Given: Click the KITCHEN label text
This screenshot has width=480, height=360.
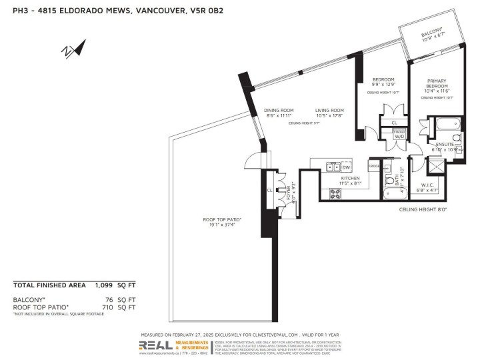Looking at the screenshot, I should pyautogui.click(x=351, y=178).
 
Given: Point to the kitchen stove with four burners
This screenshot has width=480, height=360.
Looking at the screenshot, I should pyautogui.click(x=336, y=193).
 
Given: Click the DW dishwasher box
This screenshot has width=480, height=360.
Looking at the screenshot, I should pyautogui.click(x=346, y=167).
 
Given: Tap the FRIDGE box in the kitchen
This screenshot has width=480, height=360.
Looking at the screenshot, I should pyautogui.click(x=374, y=166).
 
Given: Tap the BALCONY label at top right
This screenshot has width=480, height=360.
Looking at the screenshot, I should pyautogui.click(x=432, y=33).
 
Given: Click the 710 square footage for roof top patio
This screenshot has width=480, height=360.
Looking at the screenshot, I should pyautogui.click(x=108, y=307).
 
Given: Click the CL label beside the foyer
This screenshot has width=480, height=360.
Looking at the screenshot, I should pyautogui.click(x=269, y=189).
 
